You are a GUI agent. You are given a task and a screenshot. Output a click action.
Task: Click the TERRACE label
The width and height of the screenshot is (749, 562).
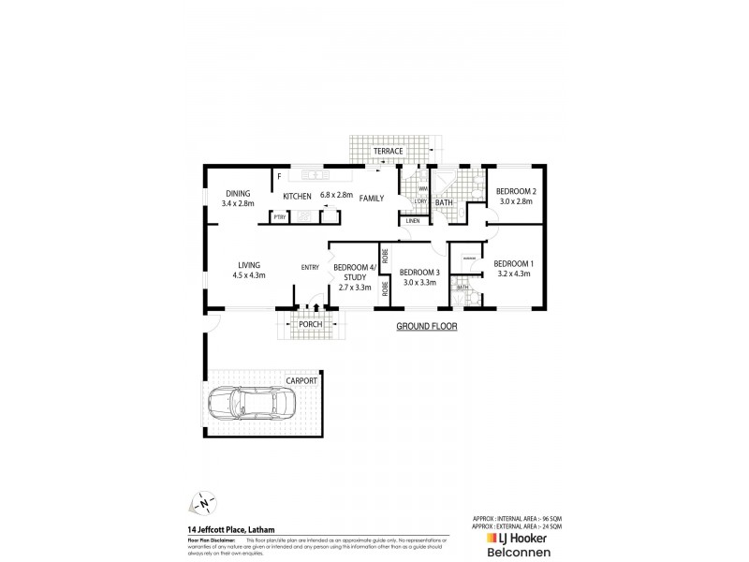(x=389, y=151)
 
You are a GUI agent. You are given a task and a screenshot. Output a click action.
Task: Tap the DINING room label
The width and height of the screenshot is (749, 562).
(x=238, y=193)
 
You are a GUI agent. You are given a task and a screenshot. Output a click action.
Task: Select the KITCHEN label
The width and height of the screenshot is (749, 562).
(x=298, y=196)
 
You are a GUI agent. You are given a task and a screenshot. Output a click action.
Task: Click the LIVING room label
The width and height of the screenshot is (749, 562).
(x=249, y=265)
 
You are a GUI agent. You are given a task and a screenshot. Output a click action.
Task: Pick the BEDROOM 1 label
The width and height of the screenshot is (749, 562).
(x=513, y=264)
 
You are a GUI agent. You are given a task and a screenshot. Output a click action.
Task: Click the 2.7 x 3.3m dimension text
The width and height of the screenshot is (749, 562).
(x=355, y=287)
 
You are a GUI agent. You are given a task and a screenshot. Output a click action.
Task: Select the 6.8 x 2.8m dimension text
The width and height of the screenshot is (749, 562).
(x=336, y=195)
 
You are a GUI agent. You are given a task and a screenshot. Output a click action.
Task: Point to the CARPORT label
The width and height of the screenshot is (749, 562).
(x=301, y=380)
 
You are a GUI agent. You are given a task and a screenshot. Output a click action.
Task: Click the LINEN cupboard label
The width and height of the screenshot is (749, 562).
(x=413, y=221)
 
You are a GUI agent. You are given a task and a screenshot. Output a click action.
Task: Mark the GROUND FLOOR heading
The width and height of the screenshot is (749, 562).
(x=426, y=327)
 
